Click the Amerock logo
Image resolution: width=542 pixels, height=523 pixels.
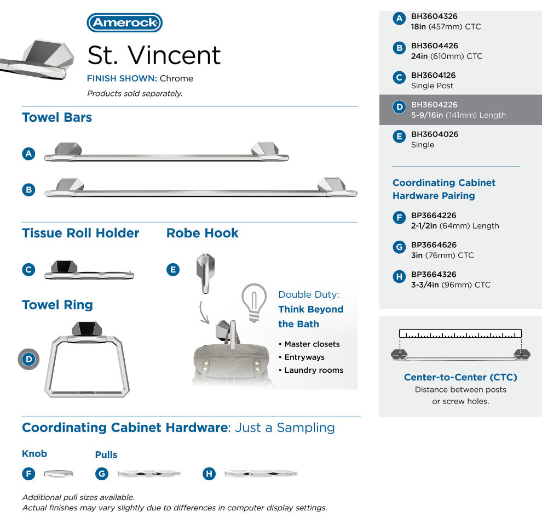click(124, 22)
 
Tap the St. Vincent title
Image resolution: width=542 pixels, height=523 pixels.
click(154, 55)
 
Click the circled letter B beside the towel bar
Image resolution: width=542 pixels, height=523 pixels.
click(28, 190)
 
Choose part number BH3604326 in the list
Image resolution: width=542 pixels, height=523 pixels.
click(434, 16)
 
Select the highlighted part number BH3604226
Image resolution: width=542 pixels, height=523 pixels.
click(434, 105)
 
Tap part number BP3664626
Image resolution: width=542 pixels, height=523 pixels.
click(434, 245)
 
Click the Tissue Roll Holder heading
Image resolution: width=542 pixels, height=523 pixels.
click(80, 233)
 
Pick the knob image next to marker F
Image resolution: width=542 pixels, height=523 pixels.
click(58, 474)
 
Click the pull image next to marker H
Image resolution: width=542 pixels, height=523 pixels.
click(261, 474)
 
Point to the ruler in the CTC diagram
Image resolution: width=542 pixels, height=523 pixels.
click(460, 333)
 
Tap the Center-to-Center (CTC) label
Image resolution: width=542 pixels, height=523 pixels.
click(460, 377)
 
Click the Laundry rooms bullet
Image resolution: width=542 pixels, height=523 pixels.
click(314, 370)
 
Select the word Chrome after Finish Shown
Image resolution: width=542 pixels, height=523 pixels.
click(176, 78)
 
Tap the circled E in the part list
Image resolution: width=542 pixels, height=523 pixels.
click(399, 137)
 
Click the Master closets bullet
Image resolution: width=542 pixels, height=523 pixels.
click(312, 344)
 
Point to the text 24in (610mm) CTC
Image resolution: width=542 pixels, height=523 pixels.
click(447, 56)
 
